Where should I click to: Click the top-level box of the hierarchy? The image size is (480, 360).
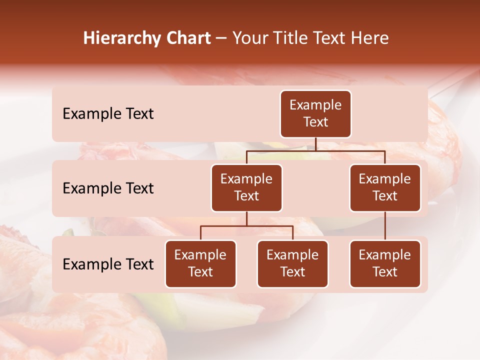[x=315, y=114]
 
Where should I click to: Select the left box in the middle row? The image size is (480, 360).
[x=246, y=188]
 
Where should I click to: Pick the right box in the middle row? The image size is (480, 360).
[x=385, y=188]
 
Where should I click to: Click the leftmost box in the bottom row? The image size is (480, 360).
[x=200, y=264]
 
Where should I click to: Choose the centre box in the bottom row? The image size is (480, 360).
[x=292, y=264]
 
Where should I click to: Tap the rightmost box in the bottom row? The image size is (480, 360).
[x=385, y=264]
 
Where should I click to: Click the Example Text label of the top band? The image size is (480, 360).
[x=108, y=114]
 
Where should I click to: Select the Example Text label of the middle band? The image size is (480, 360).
[x=108, y=188]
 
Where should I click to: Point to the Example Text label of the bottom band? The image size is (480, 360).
[x=108, y=264]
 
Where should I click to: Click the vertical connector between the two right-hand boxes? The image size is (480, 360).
[x=385, y=226]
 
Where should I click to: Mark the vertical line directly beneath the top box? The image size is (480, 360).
[x=315, y=144]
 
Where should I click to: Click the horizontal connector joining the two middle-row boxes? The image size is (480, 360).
[x=315, y=150]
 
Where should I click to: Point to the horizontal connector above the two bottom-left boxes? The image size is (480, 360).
[x=246, y=226]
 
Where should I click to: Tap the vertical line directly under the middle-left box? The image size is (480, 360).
[x=246, y=218]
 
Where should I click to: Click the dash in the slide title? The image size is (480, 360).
[x=221, y=39]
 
